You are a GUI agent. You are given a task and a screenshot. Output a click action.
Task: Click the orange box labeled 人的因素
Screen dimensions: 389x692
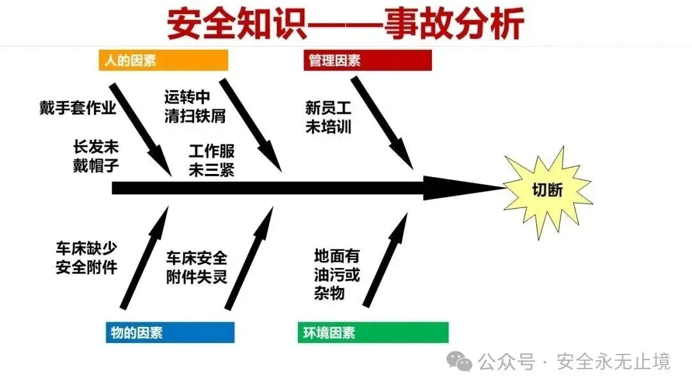(163, 60)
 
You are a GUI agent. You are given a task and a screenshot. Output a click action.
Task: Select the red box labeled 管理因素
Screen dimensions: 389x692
(367, 60)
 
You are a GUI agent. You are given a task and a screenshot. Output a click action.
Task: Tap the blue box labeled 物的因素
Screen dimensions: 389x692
(170, 333)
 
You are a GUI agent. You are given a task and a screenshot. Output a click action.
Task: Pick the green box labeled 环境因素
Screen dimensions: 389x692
(373, 333)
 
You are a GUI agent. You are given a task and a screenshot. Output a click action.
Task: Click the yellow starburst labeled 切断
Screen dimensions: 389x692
(546, 190)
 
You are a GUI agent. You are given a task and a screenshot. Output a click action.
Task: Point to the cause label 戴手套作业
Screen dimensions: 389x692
(78, 107)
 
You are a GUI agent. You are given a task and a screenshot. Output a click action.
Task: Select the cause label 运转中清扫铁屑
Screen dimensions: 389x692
(186, 106)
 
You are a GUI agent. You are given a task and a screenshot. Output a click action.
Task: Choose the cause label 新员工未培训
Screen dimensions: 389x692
(328, 117)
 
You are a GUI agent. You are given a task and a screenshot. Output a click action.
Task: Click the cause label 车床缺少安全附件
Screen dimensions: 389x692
(86, 258)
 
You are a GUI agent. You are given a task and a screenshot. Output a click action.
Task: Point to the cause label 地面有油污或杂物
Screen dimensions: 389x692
(337, 274)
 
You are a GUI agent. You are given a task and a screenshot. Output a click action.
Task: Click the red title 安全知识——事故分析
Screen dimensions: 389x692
(346, 24)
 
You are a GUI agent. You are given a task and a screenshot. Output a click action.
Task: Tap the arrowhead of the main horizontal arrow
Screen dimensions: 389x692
(461, 188)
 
